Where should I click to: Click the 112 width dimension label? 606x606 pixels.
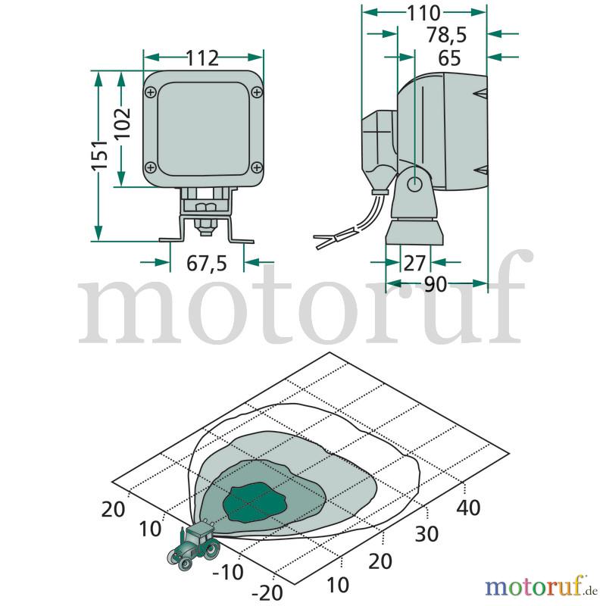click(202, 58)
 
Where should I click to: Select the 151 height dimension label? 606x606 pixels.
click(99, 155)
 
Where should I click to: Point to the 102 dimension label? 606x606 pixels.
click(123, 123)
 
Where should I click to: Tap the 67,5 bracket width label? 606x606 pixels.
click(207, 264)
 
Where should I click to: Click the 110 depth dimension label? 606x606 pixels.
click(423, 14)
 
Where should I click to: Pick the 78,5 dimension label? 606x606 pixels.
click(447, 35)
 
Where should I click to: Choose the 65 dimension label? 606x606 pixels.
click(449, 58)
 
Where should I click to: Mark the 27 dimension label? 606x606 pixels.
click(414, 263)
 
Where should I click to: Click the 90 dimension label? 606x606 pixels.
click(436, 285)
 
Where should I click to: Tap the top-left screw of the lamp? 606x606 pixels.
click(151, 92)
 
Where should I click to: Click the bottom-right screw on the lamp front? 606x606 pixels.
click(257, 167)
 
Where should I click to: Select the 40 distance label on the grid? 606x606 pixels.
click(468, 508)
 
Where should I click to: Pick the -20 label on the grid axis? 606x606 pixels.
click(267, 592)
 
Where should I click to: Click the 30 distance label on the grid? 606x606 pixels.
click(426, 534)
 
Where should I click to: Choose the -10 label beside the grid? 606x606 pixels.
click(228, 572)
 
